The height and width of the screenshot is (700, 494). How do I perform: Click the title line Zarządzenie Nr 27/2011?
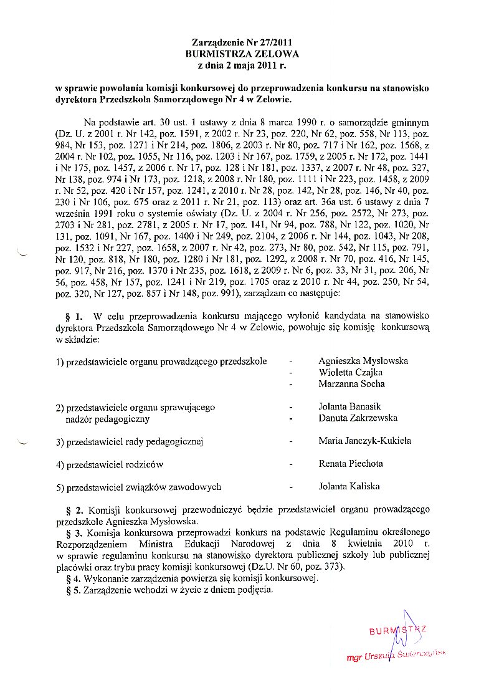pos(242,43)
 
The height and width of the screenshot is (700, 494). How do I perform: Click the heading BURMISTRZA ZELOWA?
pos(242,54)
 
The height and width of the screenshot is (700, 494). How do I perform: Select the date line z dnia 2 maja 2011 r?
pos(242,64)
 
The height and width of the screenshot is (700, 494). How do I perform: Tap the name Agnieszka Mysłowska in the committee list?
pos(363,361)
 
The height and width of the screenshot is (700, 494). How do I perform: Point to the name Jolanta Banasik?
pos(349,406)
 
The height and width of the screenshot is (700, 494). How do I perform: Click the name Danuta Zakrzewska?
pos(358,418)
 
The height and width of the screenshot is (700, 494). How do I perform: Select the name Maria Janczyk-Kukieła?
pos(364,441)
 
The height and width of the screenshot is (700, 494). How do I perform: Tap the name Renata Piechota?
pos(351,464)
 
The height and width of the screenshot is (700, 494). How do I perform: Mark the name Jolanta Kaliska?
pos(349,486)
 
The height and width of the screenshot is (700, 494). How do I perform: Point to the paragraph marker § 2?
pos(74,509)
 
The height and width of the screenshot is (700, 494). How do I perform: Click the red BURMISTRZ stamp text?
pos(397,631)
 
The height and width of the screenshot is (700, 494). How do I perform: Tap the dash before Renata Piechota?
pos(291,464)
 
